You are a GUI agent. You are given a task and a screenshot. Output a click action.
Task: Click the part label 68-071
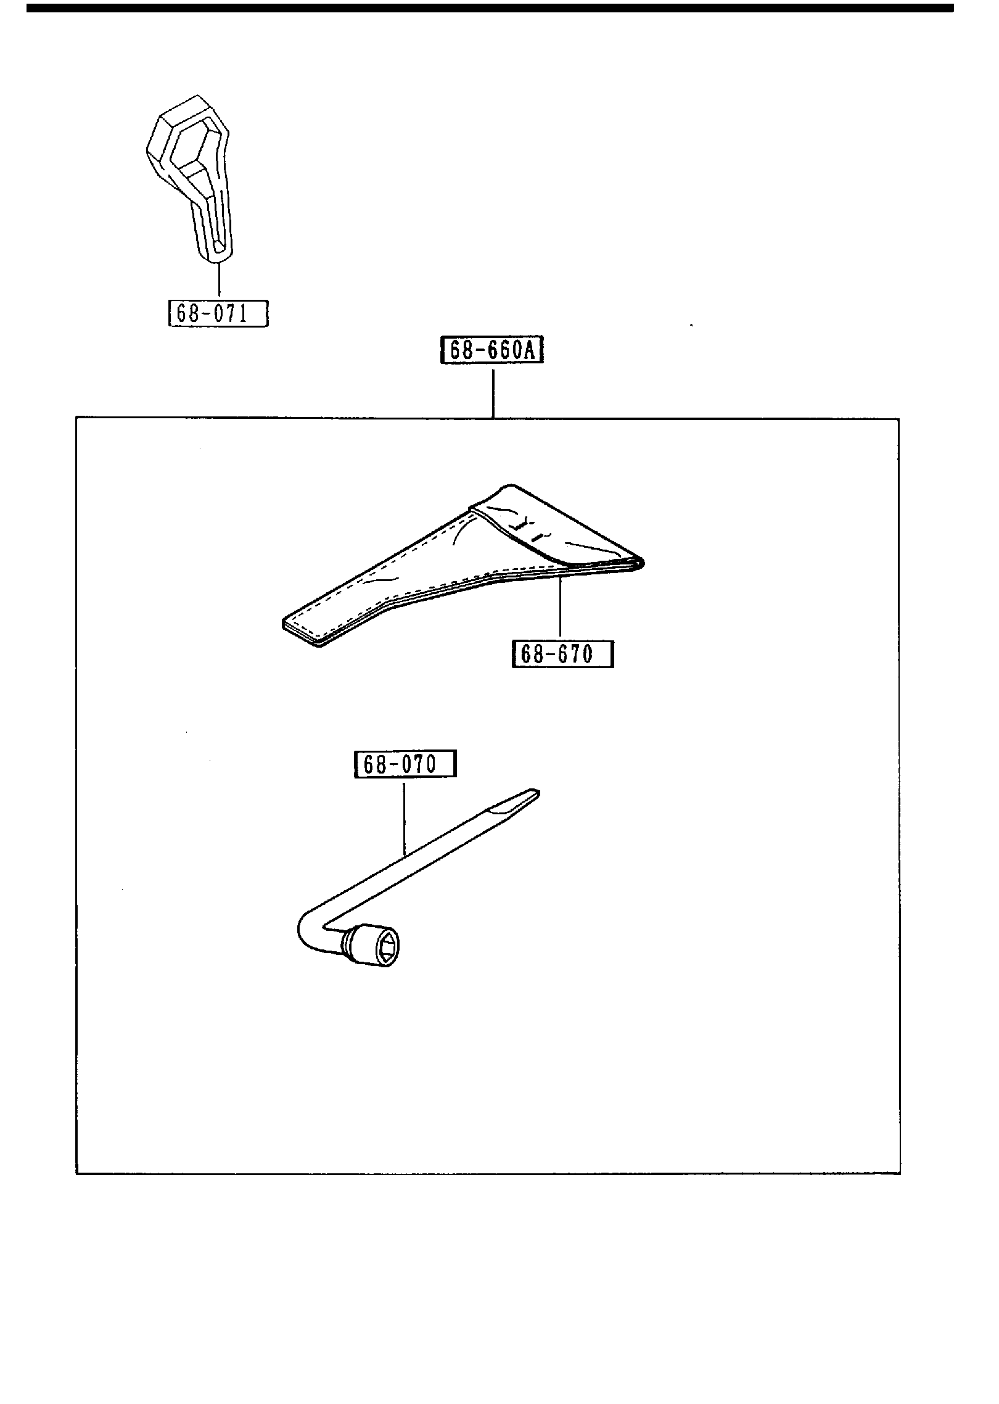(x=218, y=314)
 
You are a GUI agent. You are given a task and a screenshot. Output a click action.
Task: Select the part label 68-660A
(x=492, y=350)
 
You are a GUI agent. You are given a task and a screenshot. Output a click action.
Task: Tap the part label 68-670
(x=562, y=654)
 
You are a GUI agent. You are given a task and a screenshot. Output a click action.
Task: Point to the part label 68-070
(x=405, y=765)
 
